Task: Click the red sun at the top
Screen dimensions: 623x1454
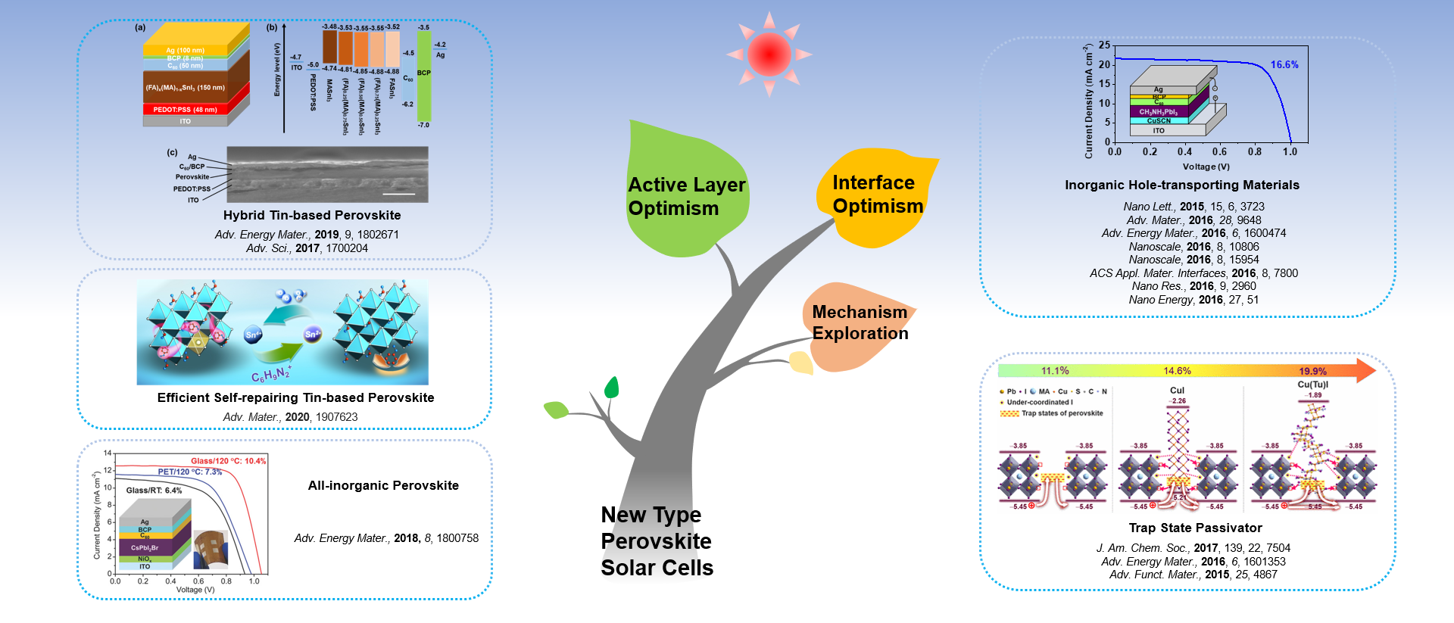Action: (769, 54)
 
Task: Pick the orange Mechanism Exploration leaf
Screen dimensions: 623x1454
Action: (860, 326)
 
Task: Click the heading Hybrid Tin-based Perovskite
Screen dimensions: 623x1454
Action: (312, 216)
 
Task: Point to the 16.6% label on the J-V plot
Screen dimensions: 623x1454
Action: (1284, 65)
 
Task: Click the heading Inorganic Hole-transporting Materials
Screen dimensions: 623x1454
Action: (1181, 185)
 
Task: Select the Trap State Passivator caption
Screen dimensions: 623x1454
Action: (1195, 528)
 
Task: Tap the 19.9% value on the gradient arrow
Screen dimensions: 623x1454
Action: (1312, 371)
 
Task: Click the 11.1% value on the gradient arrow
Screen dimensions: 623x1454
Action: (1055, 371)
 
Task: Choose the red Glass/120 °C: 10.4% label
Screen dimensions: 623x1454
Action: (228, 461)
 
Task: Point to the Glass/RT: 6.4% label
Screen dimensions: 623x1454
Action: (154, 491)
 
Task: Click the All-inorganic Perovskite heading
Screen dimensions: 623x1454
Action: (383, 486)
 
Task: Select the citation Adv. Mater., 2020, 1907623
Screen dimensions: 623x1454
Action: (290, 417)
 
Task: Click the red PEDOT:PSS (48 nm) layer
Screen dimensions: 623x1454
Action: (186, 110)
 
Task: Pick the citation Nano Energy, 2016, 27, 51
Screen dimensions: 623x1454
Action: (1193, 300)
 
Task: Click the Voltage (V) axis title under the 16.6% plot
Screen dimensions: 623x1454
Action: (1206, 167)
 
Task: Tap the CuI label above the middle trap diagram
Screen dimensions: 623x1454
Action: (1177, 391)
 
